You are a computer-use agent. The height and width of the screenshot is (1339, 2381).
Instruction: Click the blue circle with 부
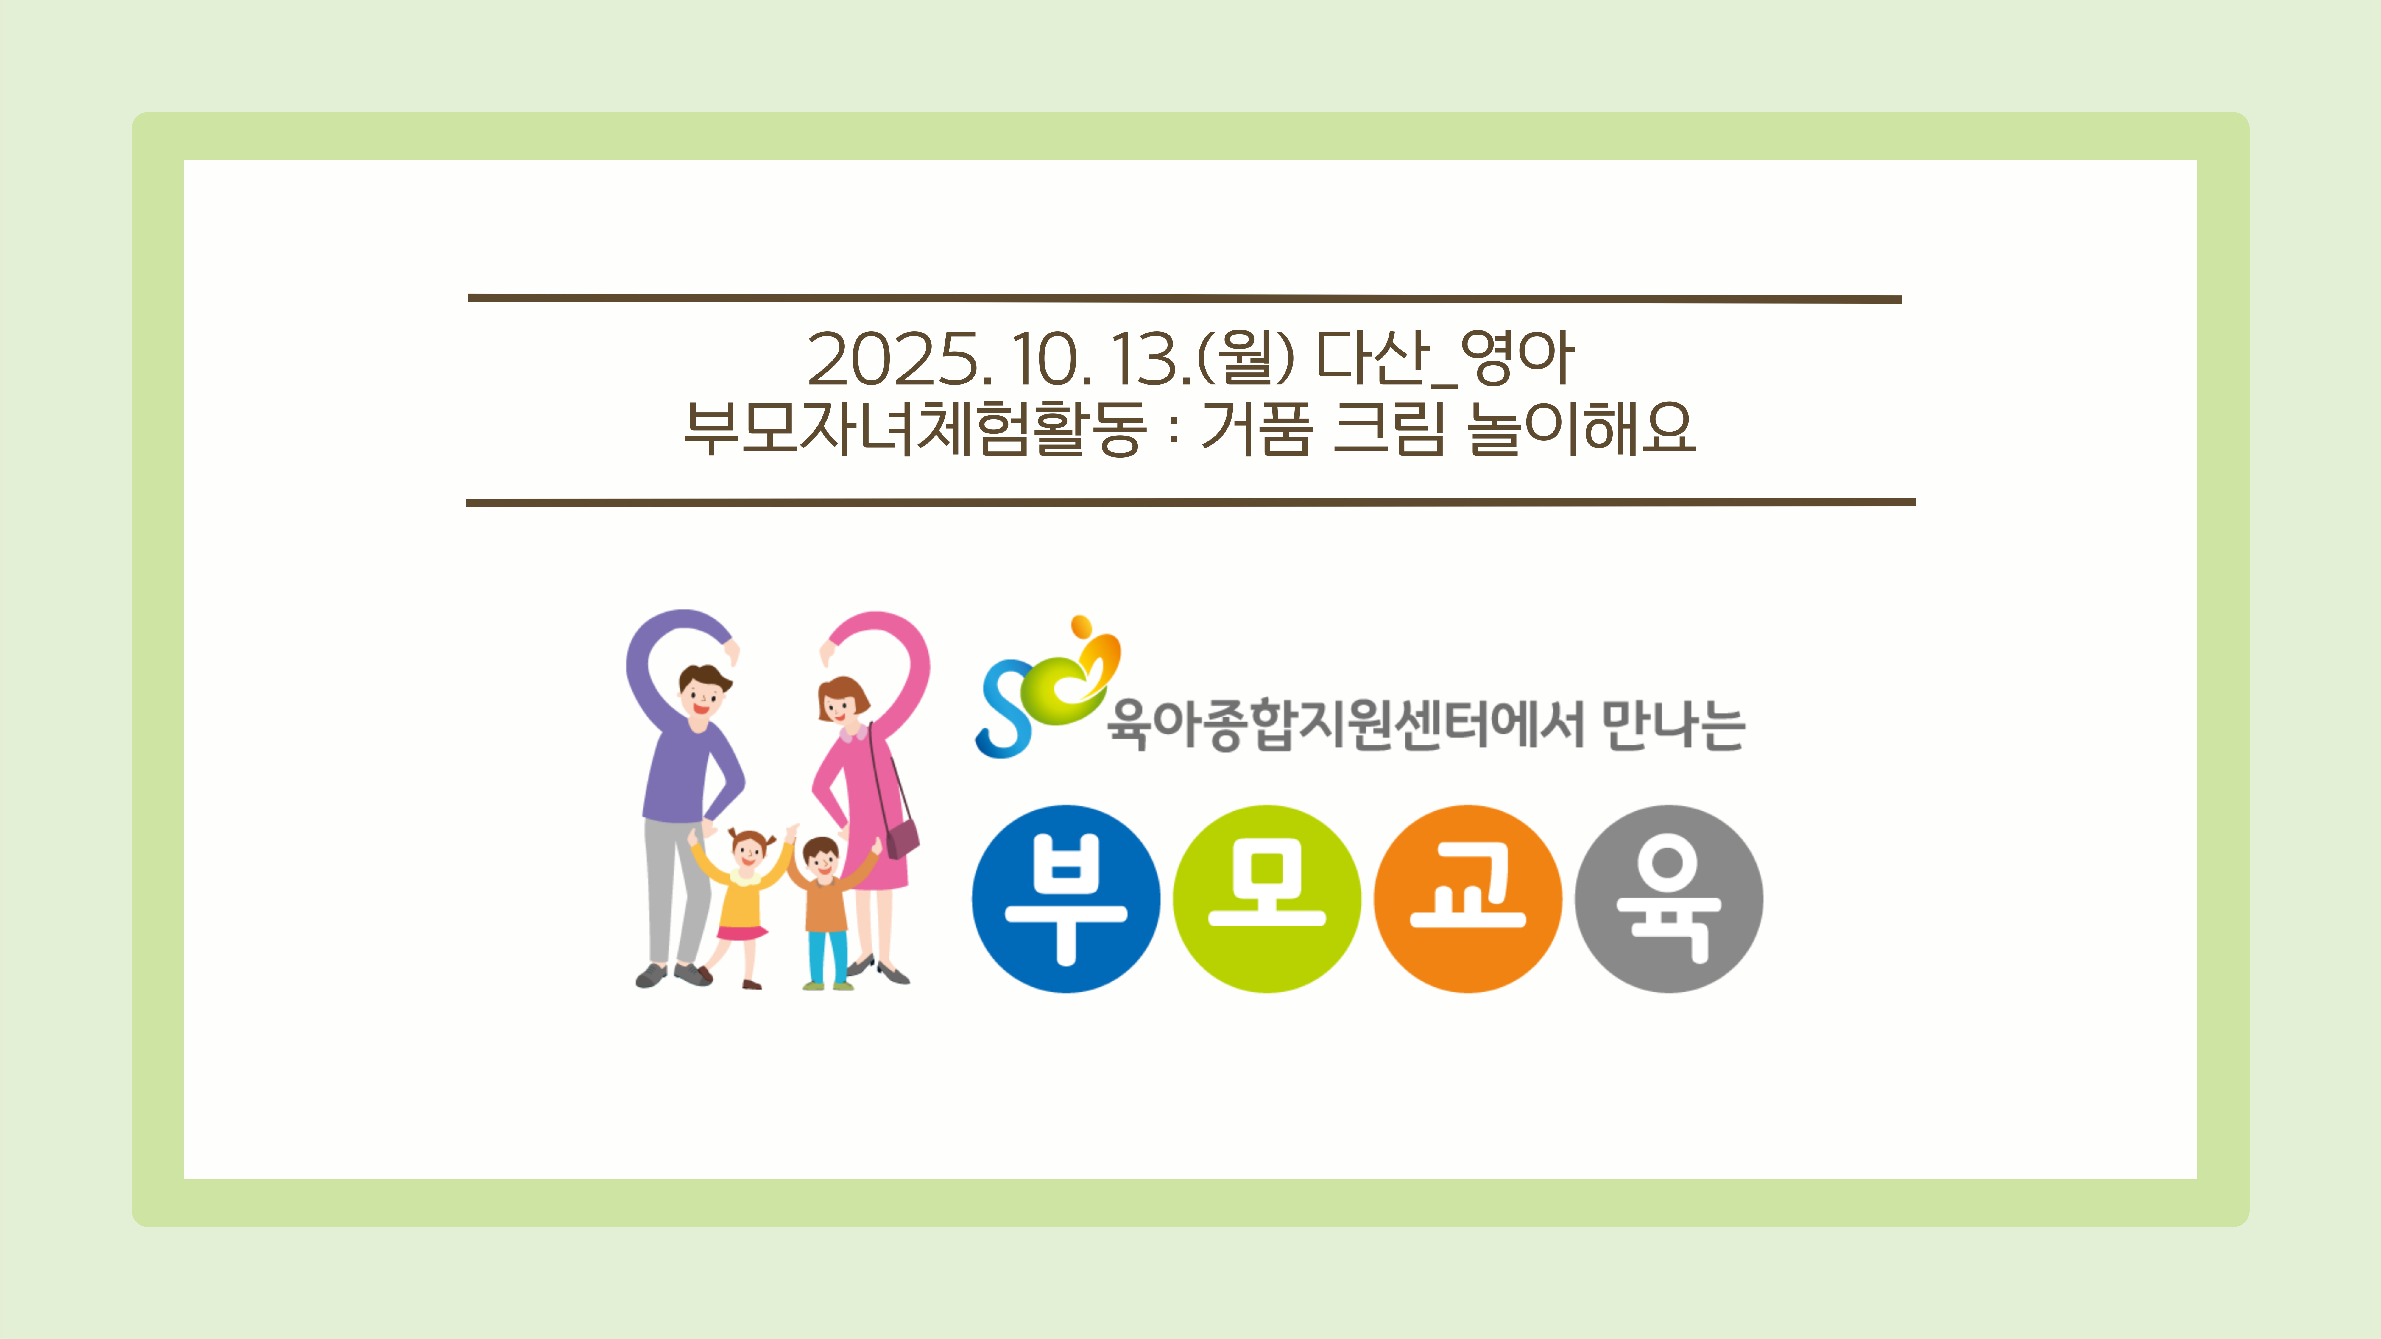click(x=1066, y=899)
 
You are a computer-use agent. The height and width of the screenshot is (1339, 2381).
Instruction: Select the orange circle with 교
click(x=1468, y=899)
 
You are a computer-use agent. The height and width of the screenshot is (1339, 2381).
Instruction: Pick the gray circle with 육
click(x=1669, y=899)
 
